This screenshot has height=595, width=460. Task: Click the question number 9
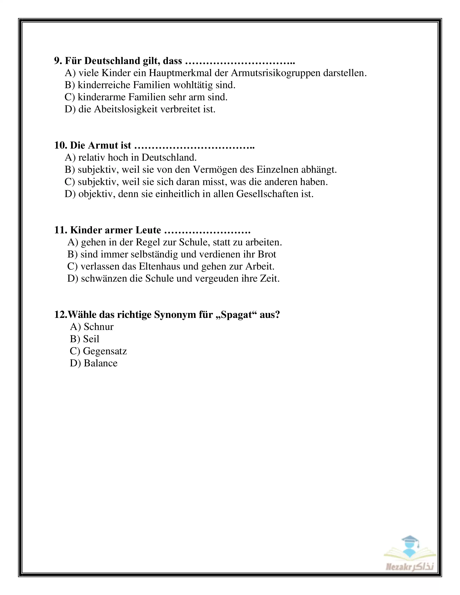[x=58, y=61]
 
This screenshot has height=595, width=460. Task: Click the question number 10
[x=60, y=146]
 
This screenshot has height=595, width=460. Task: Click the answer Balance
[x=100, y=363]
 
